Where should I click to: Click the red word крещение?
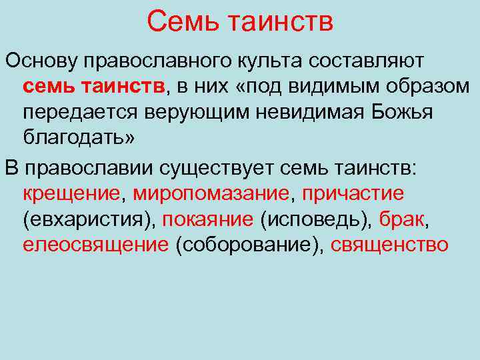[x=72, y=193]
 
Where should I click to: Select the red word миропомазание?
[x=211, y=193]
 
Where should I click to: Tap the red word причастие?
[x=353, y=193]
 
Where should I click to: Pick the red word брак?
[x=402, y=219]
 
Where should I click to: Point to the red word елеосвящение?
[x=95, y=245]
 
